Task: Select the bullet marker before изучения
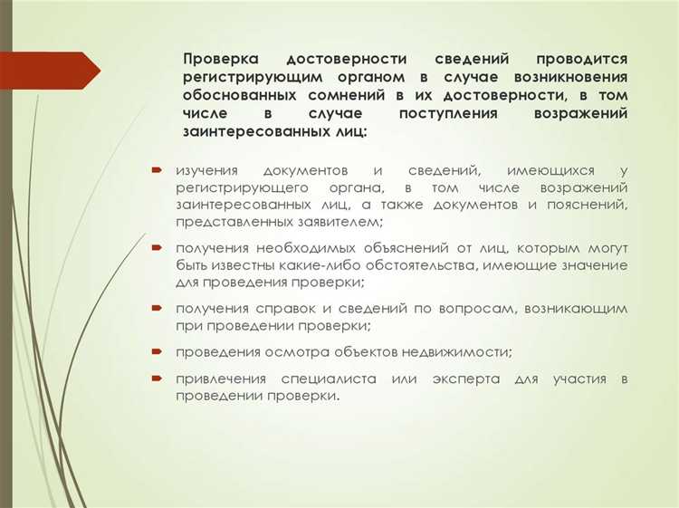[157, 170]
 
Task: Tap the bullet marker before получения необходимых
[157, 247]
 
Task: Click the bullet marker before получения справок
[157, 309]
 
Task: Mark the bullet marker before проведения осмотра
[157, 350]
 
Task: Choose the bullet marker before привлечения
[157, 378]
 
